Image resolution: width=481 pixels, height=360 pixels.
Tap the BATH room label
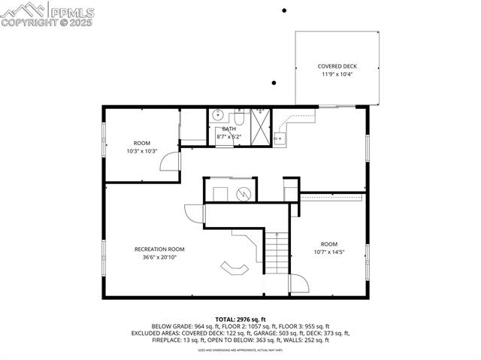click(x=228, y=129)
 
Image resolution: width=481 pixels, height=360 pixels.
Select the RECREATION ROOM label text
click(x=159, y=249)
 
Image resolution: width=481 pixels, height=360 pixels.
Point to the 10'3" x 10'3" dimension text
click(x=142, y=151)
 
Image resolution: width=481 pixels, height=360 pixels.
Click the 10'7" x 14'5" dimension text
click(x=329, y=252)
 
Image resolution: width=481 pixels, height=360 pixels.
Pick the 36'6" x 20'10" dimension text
click(x=159, y=257)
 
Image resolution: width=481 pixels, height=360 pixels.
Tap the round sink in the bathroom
click(x=217, y=116)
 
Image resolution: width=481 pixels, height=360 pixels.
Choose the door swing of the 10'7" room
click(x=299, y=285)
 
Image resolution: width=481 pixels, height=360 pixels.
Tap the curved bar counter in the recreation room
click(x=234, y=268)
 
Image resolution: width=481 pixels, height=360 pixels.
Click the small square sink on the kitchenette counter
click(x=279, y=138)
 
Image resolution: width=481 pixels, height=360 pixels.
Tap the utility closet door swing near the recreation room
click(x=195, y=214)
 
